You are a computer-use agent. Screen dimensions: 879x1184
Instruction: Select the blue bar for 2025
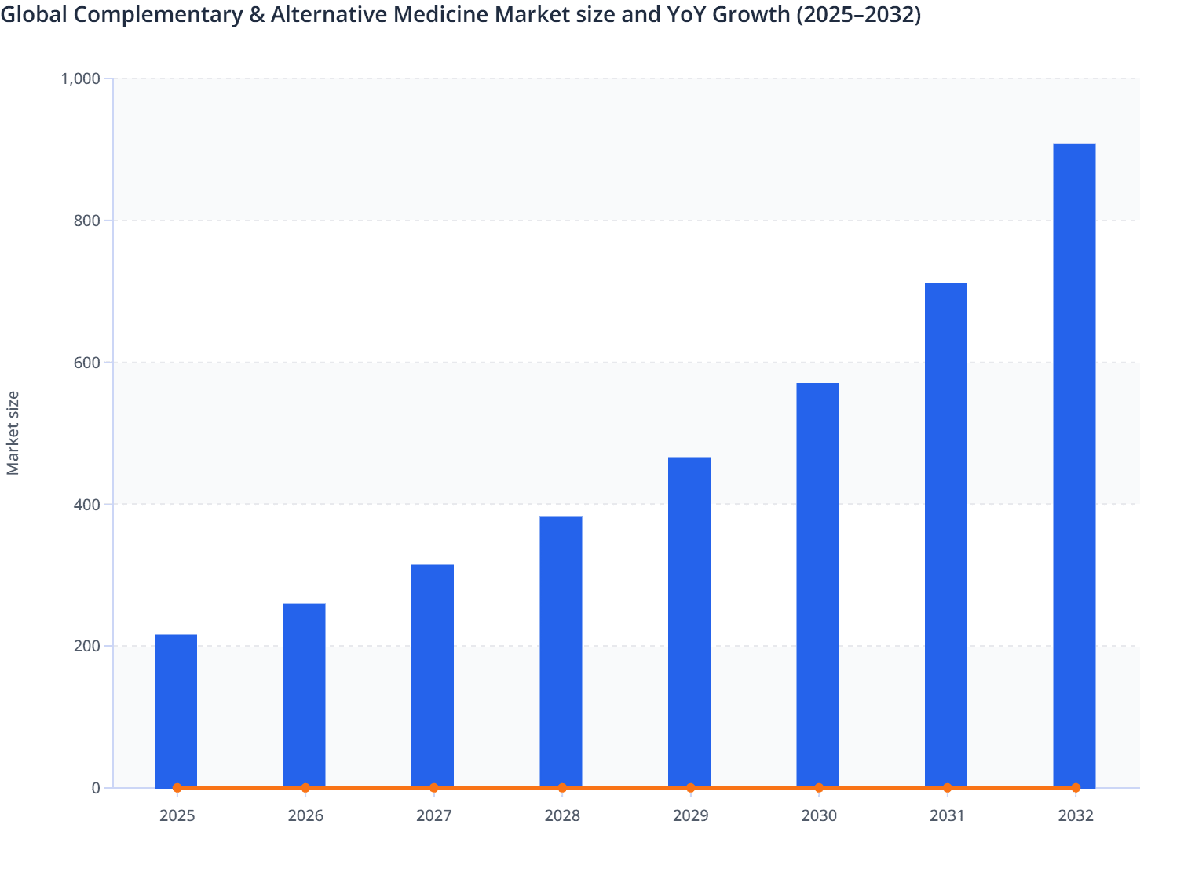coord(176,710)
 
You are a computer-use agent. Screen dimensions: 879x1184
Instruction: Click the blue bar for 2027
coord(433,675)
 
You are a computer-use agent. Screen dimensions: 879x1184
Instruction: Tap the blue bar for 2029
coord(689,622)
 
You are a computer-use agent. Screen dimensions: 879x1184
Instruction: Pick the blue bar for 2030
coord(817,585)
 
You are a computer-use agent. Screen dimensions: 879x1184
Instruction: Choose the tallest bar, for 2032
coord(1074,465)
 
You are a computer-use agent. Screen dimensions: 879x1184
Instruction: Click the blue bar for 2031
coord(946,534)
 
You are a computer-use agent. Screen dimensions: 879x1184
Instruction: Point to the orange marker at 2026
coord(305,788)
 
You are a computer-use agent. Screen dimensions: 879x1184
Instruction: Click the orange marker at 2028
coord(562,788)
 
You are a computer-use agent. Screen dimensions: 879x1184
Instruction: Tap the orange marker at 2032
coord(1076,788)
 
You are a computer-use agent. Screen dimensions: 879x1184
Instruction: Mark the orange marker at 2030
coord(819,788)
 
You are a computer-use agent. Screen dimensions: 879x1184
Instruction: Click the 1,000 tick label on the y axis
coord(80,78)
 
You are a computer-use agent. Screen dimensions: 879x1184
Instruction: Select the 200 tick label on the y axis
coord(87,647)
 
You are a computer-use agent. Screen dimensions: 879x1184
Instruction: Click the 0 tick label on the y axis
coord(96,788)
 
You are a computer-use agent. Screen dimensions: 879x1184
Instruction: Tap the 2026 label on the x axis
coord(305,816)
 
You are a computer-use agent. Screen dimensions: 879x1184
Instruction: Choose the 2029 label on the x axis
coord(691,816)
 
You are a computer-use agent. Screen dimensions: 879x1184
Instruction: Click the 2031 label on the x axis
coord(948,816)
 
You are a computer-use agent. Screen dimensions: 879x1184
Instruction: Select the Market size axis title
coord(13,433)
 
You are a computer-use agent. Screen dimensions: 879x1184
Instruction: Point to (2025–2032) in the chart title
coord(858,14)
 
